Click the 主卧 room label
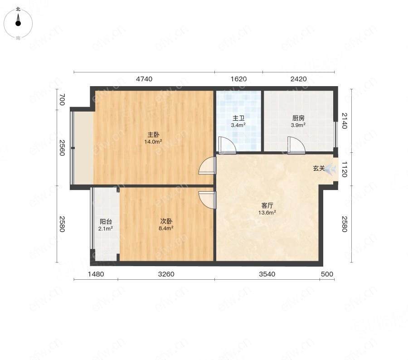pos(153,135)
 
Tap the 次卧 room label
pos(166,221)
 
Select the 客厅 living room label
pos(267,206)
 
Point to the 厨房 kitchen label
pos(298,118)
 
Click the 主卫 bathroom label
pos(238,118)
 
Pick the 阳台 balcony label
pos(106,222)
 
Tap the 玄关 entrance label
pos(319,168)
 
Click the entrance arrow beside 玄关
pos(330,169)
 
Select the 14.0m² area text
pos(153,141)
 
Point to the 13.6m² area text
pos(267,212)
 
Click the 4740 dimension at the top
pos(144,79)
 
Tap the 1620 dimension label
pos(238,79)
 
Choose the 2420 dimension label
pos(298,79)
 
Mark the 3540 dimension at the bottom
pos(267,274)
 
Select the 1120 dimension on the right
pos(345,169)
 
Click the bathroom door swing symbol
pos(227,145)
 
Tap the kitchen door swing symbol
pos(296,145)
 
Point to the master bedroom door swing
pos(207,166)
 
